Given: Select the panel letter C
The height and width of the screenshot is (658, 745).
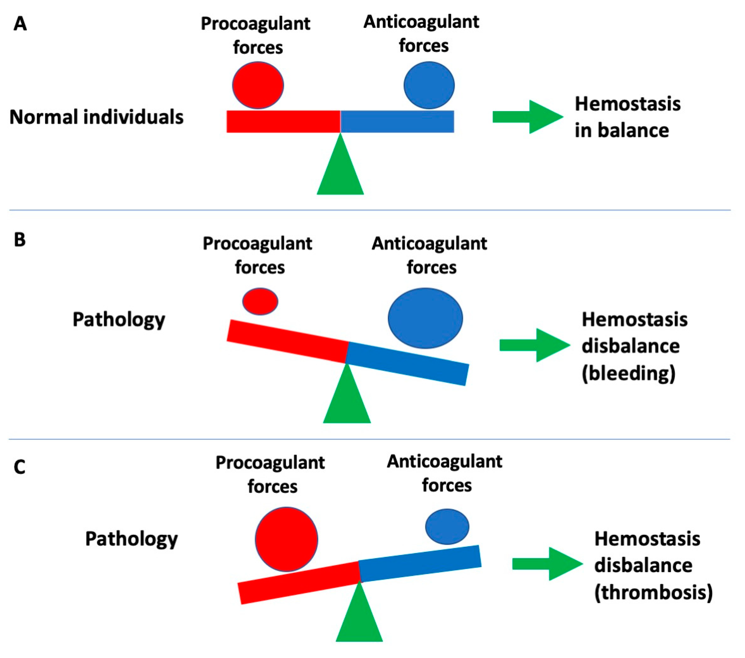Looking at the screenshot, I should (19, 467).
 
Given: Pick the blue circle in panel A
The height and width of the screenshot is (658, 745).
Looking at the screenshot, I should (429, 85).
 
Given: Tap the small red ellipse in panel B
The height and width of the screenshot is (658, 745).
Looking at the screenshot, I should (260, 302).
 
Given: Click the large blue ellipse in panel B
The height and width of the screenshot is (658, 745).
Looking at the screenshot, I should (425, 318).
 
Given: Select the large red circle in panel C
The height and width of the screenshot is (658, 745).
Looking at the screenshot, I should (286, 539).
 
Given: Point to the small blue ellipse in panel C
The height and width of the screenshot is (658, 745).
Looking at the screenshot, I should (447, 527).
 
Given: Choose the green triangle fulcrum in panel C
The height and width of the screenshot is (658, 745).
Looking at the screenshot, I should (359, 620).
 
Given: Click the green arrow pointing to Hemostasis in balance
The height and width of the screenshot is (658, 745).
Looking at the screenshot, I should (528, 117).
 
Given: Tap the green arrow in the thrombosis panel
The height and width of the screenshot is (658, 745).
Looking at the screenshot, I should (547, 564).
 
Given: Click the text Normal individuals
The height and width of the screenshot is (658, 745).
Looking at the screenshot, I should (96, 117).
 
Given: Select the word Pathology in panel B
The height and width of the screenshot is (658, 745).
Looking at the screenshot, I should (119, 320).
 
